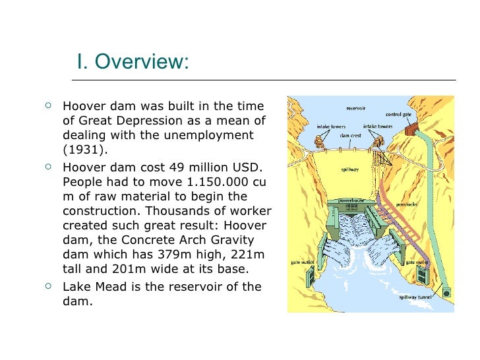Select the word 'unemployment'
(212, 135)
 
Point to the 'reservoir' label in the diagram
(357, 107)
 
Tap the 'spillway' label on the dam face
(349, 168)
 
